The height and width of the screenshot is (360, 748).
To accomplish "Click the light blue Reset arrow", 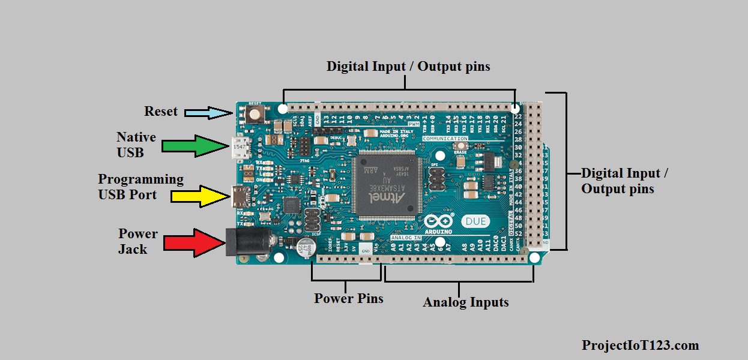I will [x=208, y=112].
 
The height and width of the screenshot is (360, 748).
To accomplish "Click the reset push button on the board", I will [x=256, y=113].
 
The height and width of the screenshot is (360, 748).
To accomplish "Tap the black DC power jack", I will [x=244, y=242].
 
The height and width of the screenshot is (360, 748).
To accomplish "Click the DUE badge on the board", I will [x=475, y=221].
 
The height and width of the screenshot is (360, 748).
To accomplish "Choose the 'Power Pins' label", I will [x=348, y=298].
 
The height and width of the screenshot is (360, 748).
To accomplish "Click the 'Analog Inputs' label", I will [x=466, y=302].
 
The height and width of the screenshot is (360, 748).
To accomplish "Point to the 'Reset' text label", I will [x=161, y=111].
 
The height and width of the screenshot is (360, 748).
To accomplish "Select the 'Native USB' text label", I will [x=136, y=145].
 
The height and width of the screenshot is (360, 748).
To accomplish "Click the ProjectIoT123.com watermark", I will [x=640, y=345].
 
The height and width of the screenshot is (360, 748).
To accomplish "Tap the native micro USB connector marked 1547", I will [x=240, y=146].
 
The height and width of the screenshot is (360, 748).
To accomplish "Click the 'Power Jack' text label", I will [x=137, y=241].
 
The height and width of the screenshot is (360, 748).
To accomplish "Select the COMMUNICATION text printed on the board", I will [x=445, y=139].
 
